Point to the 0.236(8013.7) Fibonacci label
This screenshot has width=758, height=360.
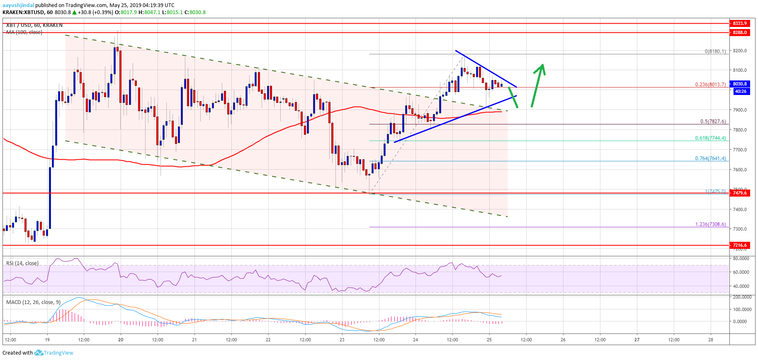(x=710, y=84)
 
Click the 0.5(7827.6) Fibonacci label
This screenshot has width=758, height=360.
(x=713, y=122)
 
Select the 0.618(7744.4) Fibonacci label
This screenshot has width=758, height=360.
(x=710, y=138)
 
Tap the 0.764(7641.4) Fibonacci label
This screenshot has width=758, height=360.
(x=710, y=158)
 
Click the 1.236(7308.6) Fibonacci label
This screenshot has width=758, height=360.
(x=710, y=224)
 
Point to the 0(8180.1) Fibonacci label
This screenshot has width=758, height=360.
(x=715, y=51)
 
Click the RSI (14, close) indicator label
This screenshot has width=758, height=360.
(x=22, y=263)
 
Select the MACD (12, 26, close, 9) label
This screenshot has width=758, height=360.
(x=33, y=302)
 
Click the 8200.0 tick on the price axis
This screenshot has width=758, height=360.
(x=740, y=51)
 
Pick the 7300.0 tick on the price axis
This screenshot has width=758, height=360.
(x=740, y=229)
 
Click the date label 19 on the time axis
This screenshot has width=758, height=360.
(x=47, y=340)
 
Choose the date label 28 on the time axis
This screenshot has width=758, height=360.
(x=710, y=340)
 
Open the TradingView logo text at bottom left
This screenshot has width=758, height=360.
(x=58, y=353)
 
